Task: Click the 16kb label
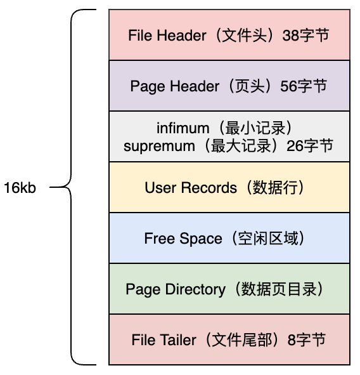[20, 188]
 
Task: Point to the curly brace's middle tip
[51, 188]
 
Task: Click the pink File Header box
[229, 35]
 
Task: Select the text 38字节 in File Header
[305, 36]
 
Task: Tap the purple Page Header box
[229, 86]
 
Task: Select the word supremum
[159, 146]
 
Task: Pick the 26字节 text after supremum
[309, 146]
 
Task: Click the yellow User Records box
[229, 187]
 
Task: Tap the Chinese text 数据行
[278, 188]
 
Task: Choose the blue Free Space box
[229, 238]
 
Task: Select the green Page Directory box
[229, 289]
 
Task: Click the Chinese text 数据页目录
[283, 289]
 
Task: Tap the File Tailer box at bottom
[229, 339]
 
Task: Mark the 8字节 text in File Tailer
[307, 340]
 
